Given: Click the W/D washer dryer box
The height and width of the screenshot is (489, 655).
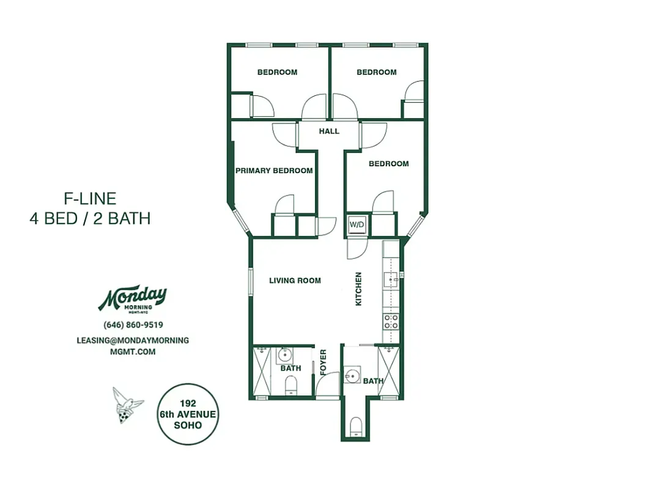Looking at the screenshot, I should [x=357, y=224].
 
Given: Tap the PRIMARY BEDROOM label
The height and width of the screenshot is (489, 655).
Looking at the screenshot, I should [x=274, y=171].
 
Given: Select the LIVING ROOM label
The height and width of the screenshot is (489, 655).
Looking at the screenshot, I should [x=295, y=281].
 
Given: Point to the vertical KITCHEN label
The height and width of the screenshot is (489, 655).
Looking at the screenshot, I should [x=359, y=289].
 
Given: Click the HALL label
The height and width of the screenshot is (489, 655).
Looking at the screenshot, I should [x=329, y=131].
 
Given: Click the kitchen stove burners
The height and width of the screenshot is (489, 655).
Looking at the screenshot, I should [x=391, y=322].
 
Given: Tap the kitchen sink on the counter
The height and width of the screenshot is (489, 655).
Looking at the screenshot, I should [x=391, y=280].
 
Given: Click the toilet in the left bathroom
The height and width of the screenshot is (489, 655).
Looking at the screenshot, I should [x=292, y=384].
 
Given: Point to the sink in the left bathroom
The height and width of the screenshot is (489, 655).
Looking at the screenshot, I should [x=285, y=355].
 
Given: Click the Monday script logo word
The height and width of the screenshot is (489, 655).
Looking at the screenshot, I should [x=133, y=298].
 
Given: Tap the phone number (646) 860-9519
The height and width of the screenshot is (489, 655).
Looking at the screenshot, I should [x=133, y=325].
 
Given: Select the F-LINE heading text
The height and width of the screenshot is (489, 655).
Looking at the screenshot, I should [x=90, y=198].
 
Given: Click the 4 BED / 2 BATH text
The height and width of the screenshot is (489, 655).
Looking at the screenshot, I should [x=90, y=218].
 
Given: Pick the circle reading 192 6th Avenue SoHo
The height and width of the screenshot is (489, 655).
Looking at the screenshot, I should [x=187, y=414].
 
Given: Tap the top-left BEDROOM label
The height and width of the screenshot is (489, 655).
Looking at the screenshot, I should [x=277, y=72].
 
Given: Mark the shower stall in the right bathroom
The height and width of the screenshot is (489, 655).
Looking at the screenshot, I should [x=388, y=372].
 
